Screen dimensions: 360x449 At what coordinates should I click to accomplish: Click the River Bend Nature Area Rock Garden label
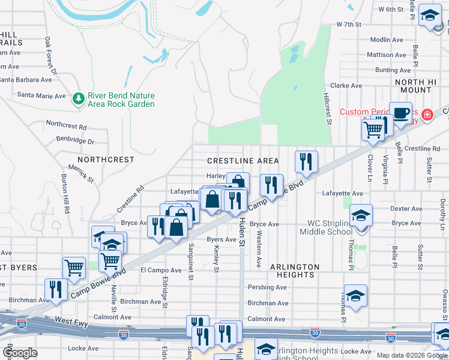pos(121,100)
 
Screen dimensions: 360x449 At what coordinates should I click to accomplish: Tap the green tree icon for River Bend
pos(77,97)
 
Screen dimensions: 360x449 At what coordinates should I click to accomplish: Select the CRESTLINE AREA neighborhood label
pos(243,161)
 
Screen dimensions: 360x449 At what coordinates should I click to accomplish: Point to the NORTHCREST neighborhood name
pos(105,160)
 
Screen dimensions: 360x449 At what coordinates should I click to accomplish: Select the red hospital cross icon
pos(427,113)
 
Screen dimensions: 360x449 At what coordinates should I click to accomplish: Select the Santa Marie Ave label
pos(41,95)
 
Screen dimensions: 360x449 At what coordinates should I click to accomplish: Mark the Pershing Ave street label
pos(267,287)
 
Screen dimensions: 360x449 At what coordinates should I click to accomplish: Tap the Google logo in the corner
pos(20,353)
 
